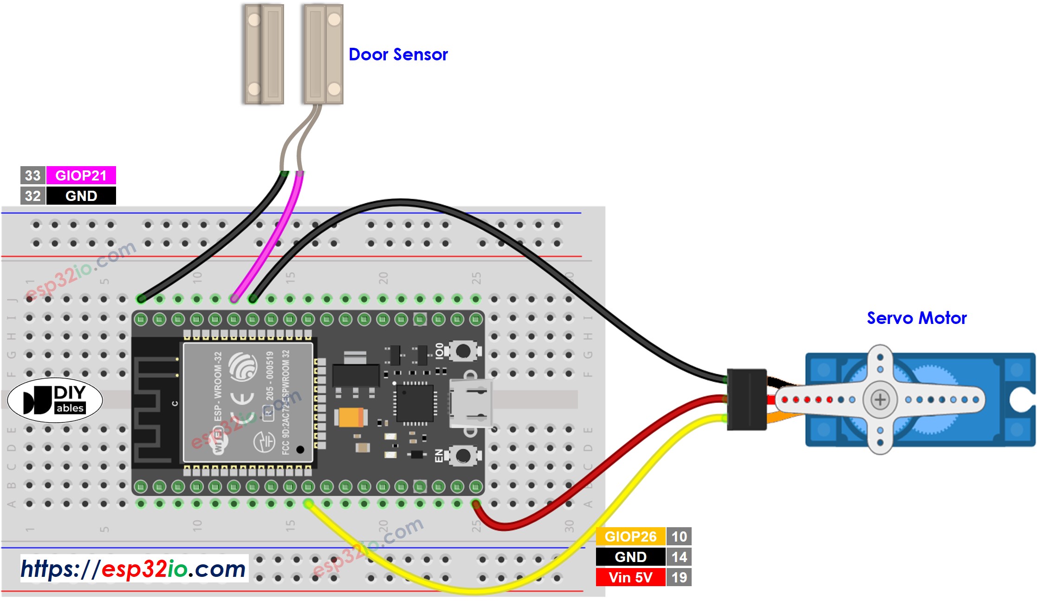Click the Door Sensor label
click(x=398, y=55)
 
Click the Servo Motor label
click(x=916, y=318)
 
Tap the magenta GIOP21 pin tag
click(x=81, y=175)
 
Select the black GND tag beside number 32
click(x=81, y=196)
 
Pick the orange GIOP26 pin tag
click(x=630, y=536)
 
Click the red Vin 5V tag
click(x=630, y=577)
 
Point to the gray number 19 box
click(x=679, y=577)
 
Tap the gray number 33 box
click(x=32, y=175)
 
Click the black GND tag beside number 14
click(x=630, y=557)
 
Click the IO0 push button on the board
click(x=462, y=351)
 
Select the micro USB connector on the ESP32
click(x=471, y=402)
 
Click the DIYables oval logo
click(x=55, y=400)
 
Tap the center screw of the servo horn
click(x=880, y=400)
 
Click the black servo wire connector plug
click(x=746, y=400)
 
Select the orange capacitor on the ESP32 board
click(x=351, y=417)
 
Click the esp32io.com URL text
click(x=134, y=569)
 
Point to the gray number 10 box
click(x=679, y=536)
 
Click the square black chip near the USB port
click(x=415, y=403)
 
